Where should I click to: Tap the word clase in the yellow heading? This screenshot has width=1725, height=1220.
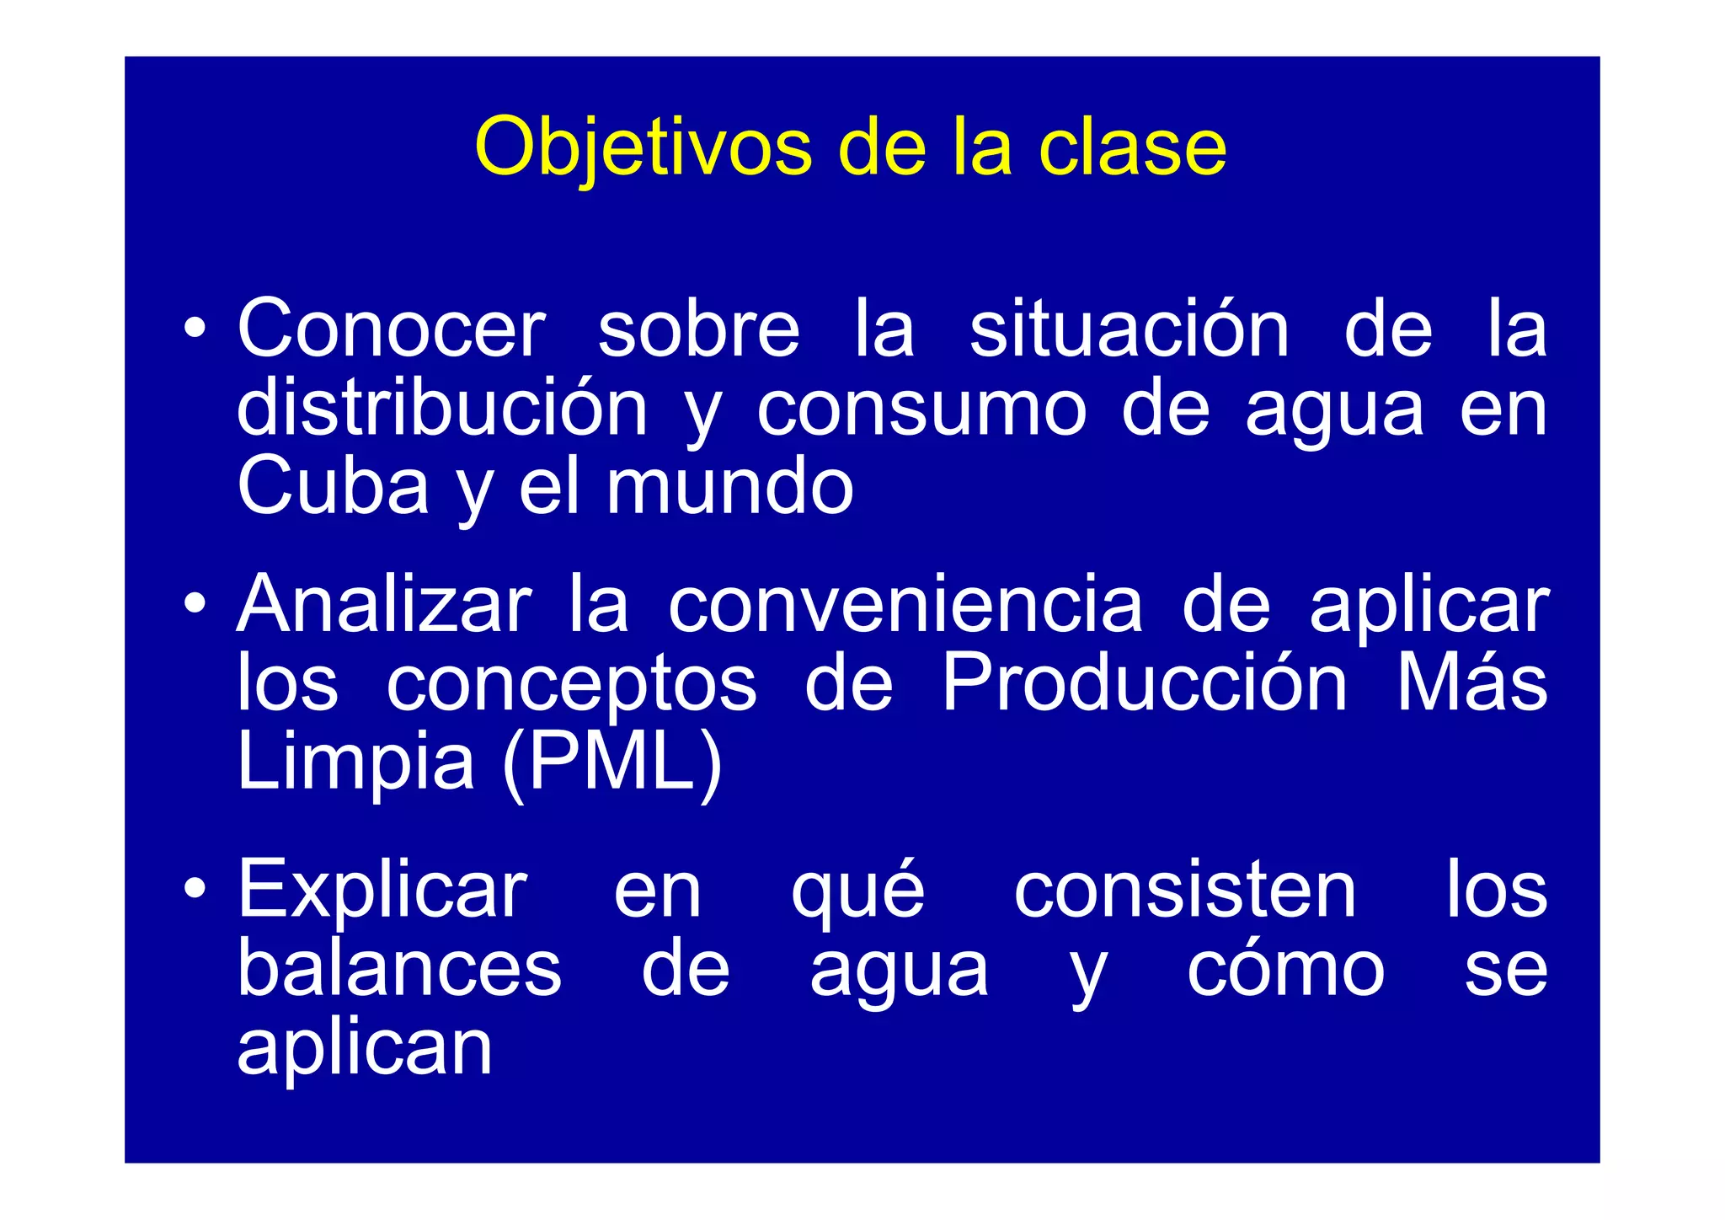click(x=1132, y=148)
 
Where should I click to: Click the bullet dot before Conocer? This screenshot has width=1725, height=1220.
click(x=195, y=328)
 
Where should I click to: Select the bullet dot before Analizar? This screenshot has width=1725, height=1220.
click(x=195, y=603)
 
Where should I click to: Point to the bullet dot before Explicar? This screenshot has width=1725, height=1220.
click(x=195, y=888)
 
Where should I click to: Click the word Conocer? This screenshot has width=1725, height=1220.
click(x=392, y=329)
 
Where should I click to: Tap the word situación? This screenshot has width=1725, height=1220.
click(x=1129, y=329)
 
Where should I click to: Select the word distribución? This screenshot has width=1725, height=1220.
click(x=442, y=409)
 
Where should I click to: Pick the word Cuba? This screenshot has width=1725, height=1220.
click(x=333, y=486)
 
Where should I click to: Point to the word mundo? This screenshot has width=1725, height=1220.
click(x=729, y=486)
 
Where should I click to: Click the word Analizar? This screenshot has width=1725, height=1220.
click(x=384, y=604)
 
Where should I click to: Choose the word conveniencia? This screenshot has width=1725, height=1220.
click(x=905, y=604)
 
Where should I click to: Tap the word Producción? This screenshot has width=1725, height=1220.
click(x=1144, y=682)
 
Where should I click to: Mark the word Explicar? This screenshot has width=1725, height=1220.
click(x=382, y=890)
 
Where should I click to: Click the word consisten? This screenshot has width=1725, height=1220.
click(x=1184, y=890)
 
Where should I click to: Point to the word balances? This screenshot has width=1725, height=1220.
click(x=399, y=969)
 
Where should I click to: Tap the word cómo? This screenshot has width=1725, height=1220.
click(x=1285, y=969)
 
